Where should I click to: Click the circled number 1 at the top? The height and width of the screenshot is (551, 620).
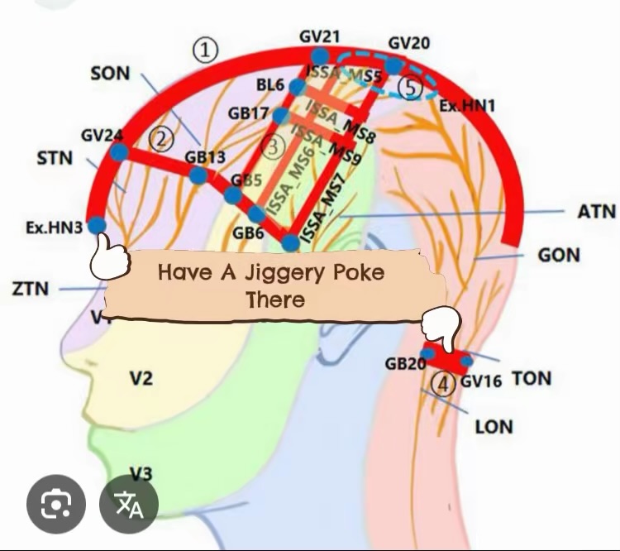[x=206, y=51]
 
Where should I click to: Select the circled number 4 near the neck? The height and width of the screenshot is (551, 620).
[x=445, y=384]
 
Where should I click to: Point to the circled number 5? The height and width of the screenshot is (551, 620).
[x=410, y=87]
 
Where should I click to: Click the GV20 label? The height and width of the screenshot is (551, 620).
[x=408, y=43]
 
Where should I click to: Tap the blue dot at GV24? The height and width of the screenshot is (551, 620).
[x=118, y=152]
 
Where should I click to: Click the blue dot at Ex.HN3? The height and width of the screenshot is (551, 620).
[x=97, y=225]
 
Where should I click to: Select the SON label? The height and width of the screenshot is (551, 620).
[x=110, y=74]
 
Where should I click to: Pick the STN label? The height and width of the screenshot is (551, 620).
[x=55, y=157]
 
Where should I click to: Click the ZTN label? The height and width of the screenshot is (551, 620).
[x=31, y=289]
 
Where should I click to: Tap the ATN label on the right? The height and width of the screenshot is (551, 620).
[x=595, y=213]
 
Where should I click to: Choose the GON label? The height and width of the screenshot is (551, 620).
[x=559, y=255]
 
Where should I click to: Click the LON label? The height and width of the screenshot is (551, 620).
[x=494, y=427]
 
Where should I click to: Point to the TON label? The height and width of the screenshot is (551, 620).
[x=532, y=378]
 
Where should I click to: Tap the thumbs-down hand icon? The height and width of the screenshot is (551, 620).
[x=439, y=325]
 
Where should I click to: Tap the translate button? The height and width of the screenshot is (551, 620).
[x=128, y=504]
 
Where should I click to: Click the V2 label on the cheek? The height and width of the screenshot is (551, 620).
[x=141, y=378]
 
